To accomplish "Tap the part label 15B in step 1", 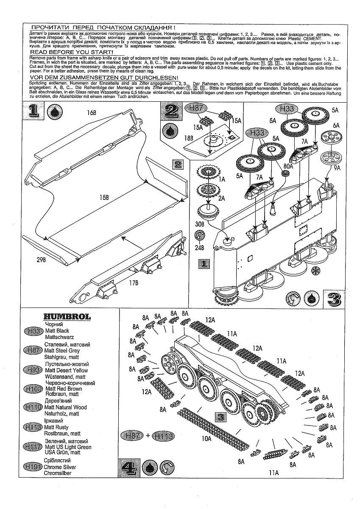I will click(x=104, y=198).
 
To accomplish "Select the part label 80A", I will click(x=288, y=167).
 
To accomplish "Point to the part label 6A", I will click(x=336, y=125).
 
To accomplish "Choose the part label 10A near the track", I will click(x=207, y=439).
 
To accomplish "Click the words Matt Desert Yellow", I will click(x=66, y=370).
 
